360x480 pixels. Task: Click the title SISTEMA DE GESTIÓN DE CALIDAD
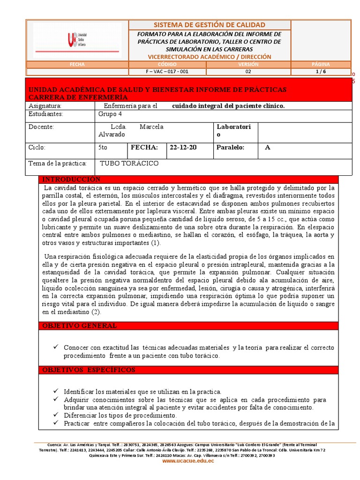[x=210, y=25]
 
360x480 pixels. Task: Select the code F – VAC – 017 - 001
[x=167, y=72]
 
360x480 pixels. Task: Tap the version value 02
[x=248, y=72]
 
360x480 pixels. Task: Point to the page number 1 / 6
[x=320, y=72]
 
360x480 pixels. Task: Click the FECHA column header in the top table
[x=77, y=64]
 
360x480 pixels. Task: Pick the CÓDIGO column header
[x=167, y=64]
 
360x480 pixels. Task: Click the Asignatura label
[x=45, y=106]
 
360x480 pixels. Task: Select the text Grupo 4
[x=110, y=114]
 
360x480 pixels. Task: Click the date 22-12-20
[x=183, y=147]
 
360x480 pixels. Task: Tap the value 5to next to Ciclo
[x=103, y=147]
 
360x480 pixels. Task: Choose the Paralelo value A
[x=268, y=147]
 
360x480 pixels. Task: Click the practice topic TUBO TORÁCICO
[x=129, y=163]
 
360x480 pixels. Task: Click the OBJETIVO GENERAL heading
[x=80, y=326]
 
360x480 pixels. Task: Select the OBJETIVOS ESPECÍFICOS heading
[x=89, y=370]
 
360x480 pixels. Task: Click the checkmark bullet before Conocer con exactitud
[x=56, y=347]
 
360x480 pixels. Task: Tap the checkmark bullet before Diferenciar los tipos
[x=56, y=415]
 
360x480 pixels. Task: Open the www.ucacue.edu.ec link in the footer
[x=188, y=461]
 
